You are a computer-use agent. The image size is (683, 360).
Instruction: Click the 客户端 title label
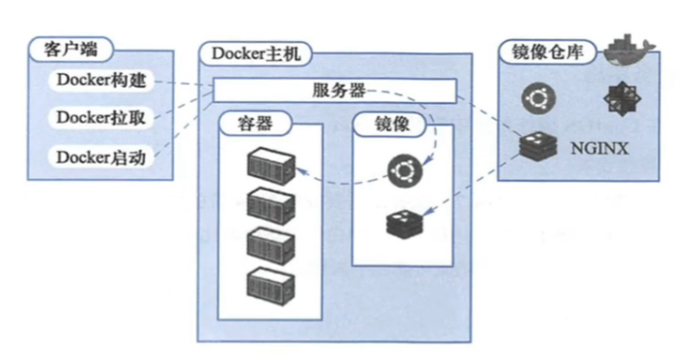pos(67,48)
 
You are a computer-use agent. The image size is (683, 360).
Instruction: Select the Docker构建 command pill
pos(100,81)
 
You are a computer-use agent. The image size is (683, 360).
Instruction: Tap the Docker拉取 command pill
pos(100,118)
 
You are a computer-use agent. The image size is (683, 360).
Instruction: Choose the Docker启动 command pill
pos(100,156)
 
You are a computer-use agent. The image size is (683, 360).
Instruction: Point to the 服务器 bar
pos(335,90)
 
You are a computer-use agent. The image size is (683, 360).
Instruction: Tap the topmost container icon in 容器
pos(270,163)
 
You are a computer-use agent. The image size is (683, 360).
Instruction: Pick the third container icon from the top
pos(270,242)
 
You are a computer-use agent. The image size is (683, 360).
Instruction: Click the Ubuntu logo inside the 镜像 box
pos(401,172)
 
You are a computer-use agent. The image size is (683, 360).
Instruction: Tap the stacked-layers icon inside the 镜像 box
pos(402,224)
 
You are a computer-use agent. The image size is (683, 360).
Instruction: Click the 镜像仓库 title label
pos(548,52)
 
